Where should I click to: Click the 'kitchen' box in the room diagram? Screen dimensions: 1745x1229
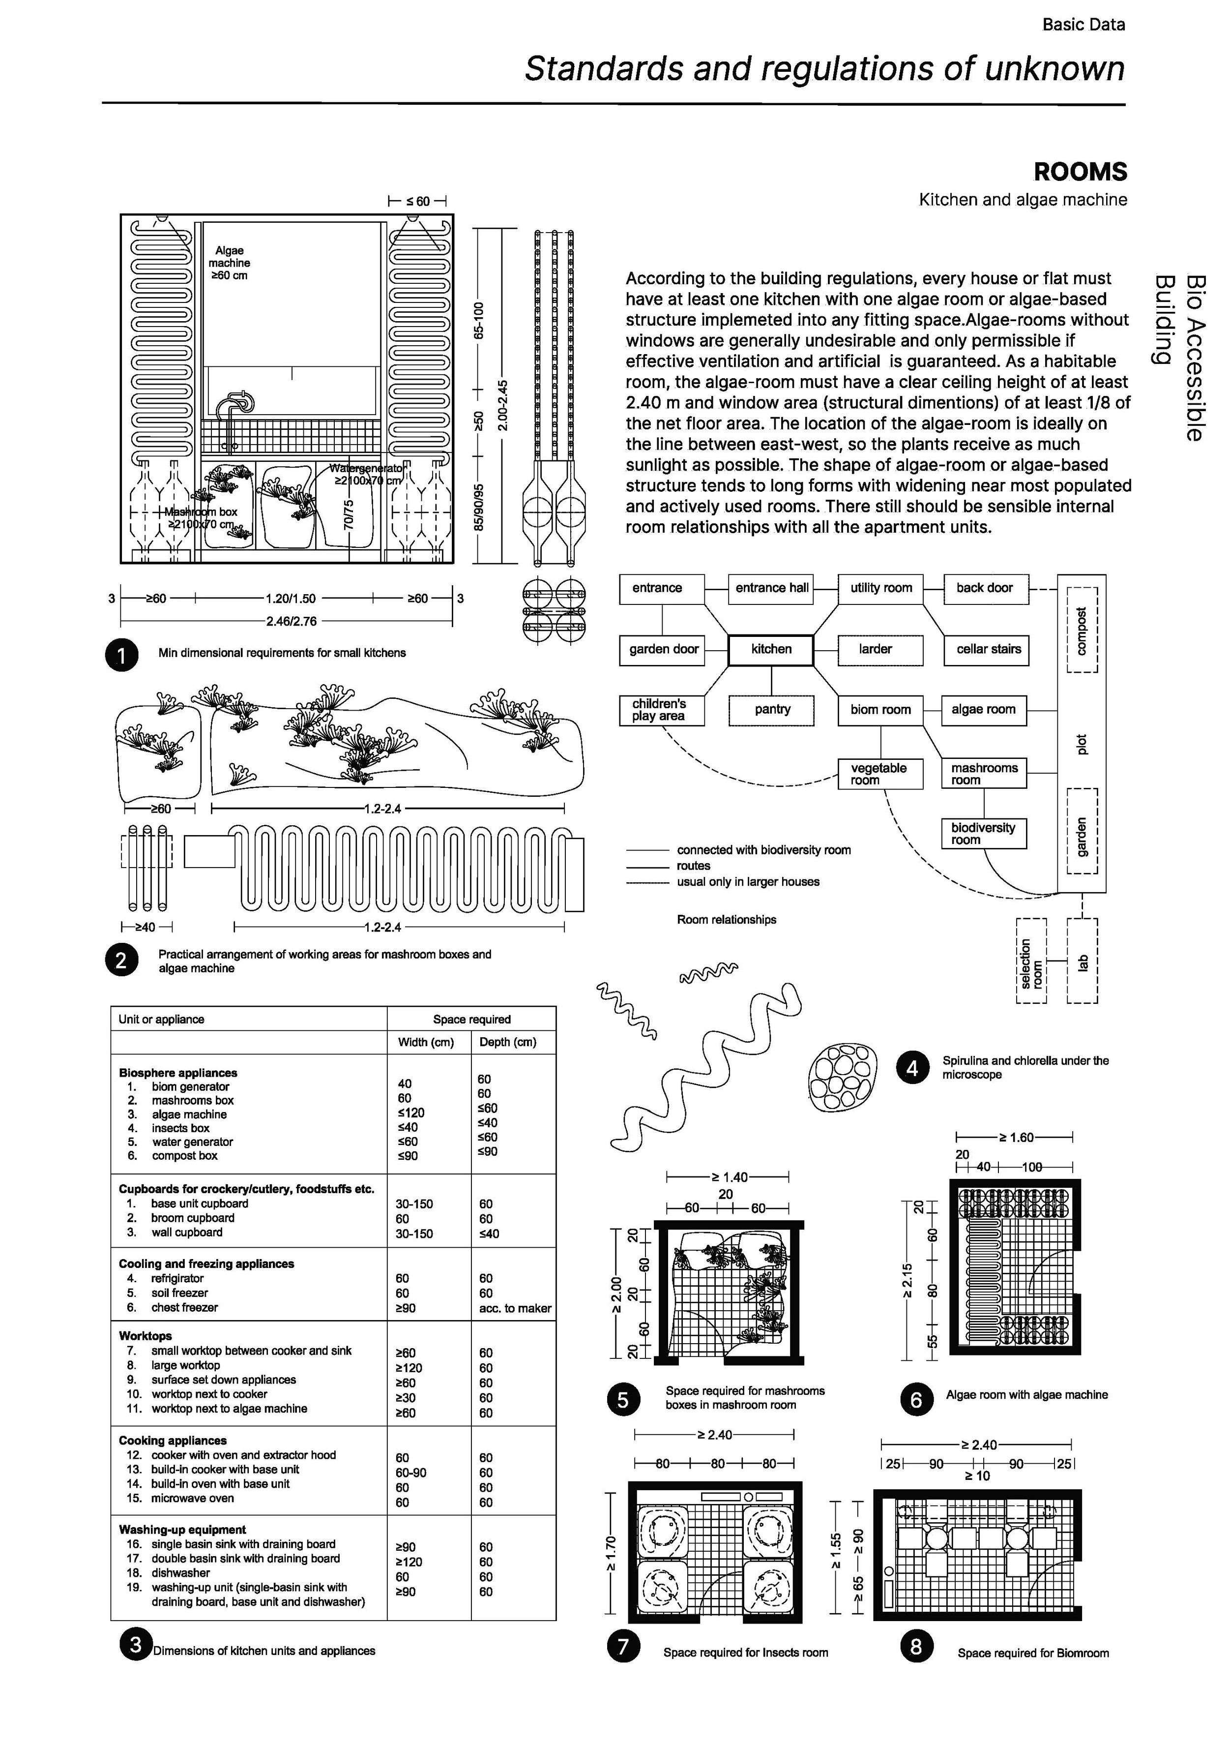(770, 650)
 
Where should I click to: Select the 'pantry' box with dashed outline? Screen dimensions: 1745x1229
(772, 710)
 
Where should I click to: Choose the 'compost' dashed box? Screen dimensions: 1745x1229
(1082, 630)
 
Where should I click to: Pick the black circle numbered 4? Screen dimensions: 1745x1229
(912, 1068)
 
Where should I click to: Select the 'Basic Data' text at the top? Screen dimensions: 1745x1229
(1083, 24)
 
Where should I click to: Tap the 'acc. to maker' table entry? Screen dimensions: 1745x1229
(515, 1308)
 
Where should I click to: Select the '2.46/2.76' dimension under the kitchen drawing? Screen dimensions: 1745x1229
(291, 621)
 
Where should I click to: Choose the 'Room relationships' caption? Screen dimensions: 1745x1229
(726, 920)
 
